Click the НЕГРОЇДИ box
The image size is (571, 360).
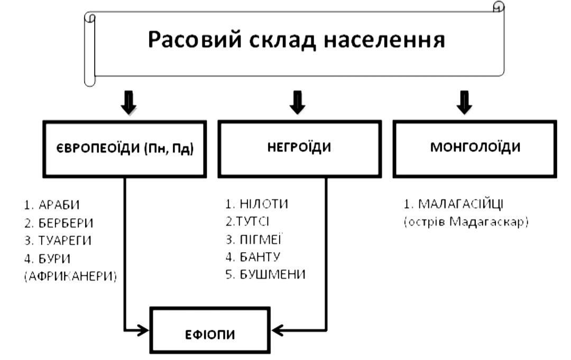(299, 147)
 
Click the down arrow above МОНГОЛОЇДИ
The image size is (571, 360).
(464, 102)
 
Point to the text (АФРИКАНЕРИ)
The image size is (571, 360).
(71, 276)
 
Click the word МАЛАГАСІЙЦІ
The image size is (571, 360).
(468, 204)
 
